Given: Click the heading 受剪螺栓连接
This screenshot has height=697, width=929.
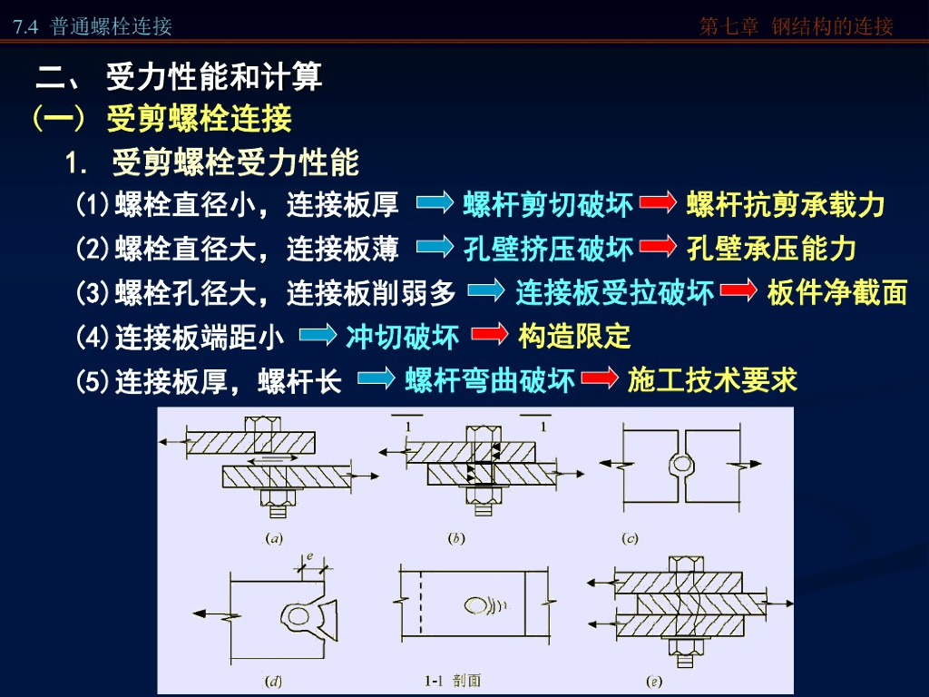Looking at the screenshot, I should point(199,119).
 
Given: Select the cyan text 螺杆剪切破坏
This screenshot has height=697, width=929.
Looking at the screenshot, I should point(548,205).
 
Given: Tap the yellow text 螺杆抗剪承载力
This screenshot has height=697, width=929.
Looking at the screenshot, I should point(786,205).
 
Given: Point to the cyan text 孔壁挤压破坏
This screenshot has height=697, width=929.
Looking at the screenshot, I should point(548,248).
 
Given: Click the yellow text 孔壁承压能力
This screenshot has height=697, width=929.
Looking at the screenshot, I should point(771,248).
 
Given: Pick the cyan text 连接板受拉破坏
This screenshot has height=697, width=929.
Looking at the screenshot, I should point(615,291).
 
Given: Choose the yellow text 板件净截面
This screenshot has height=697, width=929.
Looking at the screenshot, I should point(836,291).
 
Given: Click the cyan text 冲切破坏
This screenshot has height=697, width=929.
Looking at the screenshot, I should point(402,337).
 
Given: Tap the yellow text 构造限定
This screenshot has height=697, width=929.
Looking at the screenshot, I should point(574,337).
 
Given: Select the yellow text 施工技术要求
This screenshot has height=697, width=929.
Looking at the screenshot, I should point(712,380).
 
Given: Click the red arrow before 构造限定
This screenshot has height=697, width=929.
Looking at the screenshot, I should point(489,336).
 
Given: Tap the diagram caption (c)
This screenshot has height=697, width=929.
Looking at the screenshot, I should point(630,538).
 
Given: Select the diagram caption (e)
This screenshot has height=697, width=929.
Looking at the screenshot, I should point(652,680).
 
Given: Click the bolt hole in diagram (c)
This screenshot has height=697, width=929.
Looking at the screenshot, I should point(680,463).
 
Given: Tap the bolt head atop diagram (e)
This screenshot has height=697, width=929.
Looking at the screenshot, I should point(680,562).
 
